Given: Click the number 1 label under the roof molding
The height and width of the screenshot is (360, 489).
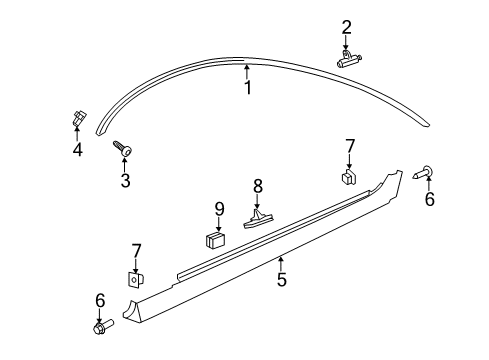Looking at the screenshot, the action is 248,88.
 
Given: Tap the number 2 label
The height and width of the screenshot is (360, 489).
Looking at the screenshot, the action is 347,27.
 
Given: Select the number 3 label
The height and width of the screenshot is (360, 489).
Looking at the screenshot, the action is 125,181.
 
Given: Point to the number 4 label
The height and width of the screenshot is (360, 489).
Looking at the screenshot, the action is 77,151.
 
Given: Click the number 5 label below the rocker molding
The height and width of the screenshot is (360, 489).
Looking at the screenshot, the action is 282,280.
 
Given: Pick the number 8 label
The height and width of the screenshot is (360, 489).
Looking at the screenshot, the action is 258,185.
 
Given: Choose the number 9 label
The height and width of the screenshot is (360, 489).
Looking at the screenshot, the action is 219,210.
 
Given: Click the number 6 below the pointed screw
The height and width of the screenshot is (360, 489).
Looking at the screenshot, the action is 430,199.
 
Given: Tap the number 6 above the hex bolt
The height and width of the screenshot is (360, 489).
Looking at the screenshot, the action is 99,299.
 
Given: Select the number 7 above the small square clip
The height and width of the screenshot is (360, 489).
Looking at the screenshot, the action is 349,146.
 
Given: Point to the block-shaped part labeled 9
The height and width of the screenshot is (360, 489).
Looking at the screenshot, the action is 214,240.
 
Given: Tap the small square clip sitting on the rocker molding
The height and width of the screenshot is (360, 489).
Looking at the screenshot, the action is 349,177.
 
